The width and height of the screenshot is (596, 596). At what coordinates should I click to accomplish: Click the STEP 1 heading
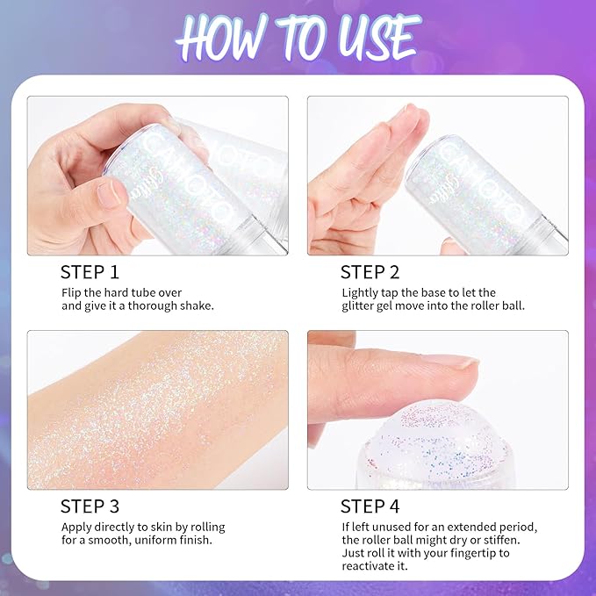click(90, 271)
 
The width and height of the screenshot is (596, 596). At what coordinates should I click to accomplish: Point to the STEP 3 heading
click(90, 506)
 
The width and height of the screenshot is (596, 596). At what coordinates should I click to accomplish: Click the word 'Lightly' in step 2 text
click(361, 292)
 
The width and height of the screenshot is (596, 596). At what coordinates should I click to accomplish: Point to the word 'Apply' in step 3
click(76, 527)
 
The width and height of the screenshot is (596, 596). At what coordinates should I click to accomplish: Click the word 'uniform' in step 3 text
click(154, 541)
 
